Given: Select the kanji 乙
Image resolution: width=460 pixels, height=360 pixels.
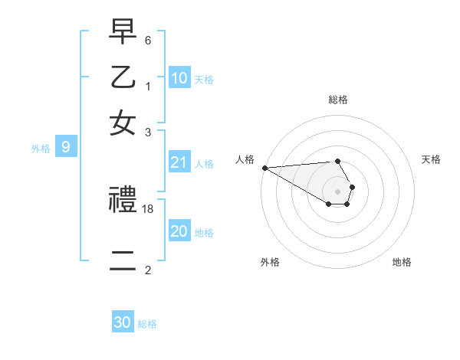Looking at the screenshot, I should pyautogui.click(x=123, y=79).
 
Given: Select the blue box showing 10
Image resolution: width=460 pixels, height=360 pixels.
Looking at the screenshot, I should pyautogui.click(x=179, y=77).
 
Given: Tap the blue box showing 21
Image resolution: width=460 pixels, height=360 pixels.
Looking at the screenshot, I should pyautogui.click(x=179, y=162).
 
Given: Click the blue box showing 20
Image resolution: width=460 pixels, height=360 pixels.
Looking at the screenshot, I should pyautogui.click(x=179, y=231).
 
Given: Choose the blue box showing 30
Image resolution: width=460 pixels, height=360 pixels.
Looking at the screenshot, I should pyautogui.click(x=123, y=322).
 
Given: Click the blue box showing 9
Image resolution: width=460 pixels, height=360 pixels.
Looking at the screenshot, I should pyautogui.click(x=66, y=147).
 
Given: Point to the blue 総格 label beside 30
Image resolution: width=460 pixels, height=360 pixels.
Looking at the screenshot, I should pyautogui.click(x=147, y=324).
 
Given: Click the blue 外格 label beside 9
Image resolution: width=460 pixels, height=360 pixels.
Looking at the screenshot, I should pyautogui.click(x=40, y=149).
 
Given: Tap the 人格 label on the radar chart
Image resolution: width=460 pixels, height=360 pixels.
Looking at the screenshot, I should pyautogui.click(x=245, y=159).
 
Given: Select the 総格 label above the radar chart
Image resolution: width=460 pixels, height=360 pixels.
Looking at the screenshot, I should pyautogui.click(x=338, y=100).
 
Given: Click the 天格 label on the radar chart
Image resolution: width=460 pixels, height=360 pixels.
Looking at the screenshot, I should pyautogui.click(x=431, y=159).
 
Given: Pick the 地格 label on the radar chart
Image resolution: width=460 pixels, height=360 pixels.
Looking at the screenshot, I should pyautogui.click(x=402, y=262).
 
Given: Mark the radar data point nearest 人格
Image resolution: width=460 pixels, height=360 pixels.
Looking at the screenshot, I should pyautogui.click(x=264, y=168).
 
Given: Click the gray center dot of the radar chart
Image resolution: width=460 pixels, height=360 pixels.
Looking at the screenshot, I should pyautogui.click(x=337, y=191).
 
